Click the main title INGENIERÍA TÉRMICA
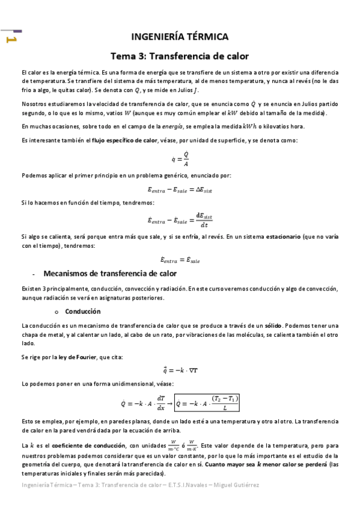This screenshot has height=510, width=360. (180, 37)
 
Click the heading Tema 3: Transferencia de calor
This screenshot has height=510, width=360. (180, 57)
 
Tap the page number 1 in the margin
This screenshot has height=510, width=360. (10, 40)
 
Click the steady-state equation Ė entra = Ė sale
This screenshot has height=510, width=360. (180, 260)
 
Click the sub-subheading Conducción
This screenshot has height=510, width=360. (83, 312)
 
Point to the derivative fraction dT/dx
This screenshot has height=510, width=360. (160, 402)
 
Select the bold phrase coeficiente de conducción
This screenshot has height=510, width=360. (81, 445)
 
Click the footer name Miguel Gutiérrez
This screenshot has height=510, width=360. (234, 484)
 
